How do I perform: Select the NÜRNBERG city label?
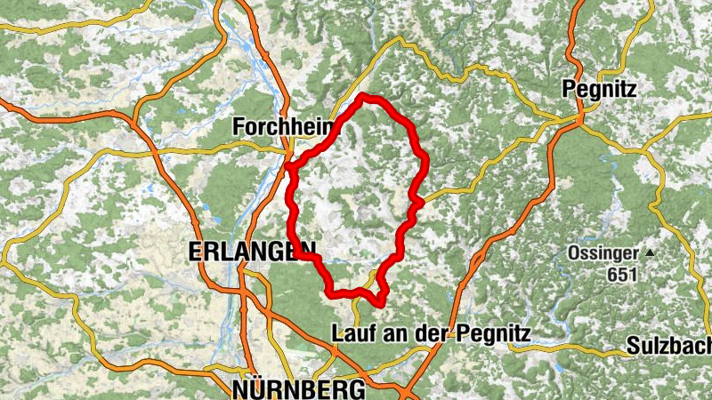(297, 389)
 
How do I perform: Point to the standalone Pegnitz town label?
(598, 89)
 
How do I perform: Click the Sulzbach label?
(668, 345)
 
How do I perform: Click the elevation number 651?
(623, 275)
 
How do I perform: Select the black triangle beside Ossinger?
(651, 253)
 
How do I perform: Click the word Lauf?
(350, 334)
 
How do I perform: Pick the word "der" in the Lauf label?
(436, 334)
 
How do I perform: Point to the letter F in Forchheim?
(238, 127)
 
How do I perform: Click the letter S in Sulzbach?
(633, 345)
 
